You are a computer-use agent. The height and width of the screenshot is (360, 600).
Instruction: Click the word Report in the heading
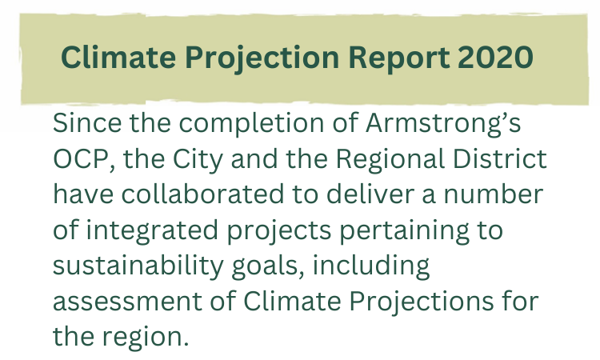399,58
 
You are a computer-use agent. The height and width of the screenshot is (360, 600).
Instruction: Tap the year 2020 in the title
495,58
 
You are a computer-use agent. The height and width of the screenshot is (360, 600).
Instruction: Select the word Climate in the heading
118,58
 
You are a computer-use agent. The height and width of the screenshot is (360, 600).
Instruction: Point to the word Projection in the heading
262,58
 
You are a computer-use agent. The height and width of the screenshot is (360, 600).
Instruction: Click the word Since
87,123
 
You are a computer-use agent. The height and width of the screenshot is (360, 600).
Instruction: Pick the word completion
251,124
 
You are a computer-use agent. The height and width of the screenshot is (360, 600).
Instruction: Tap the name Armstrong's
443,124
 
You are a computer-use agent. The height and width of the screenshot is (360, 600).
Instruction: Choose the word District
500,158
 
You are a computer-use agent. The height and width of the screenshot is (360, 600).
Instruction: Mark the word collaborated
203,194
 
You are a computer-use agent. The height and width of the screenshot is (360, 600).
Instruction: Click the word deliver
370,194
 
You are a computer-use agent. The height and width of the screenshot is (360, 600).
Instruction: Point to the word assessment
127,302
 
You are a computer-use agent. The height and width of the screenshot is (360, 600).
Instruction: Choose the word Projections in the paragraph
422,302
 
